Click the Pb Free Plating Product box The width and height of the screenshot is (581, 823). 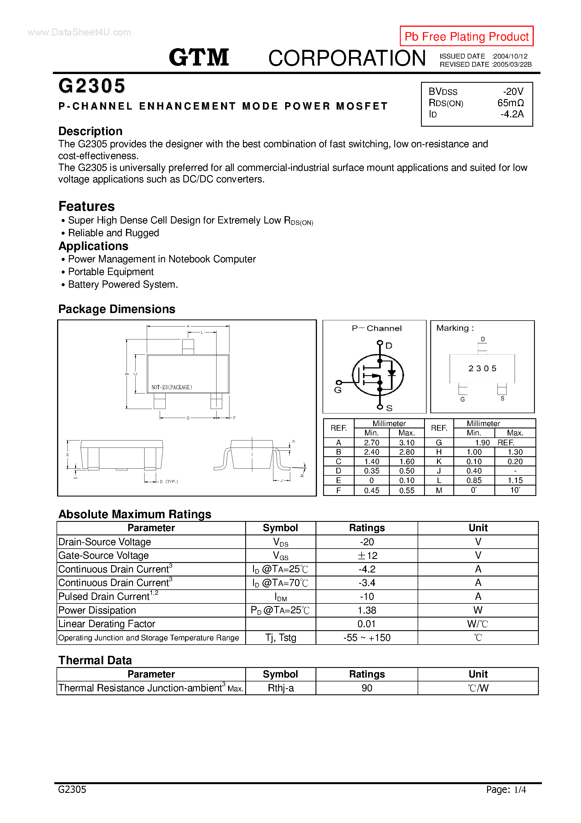coord(466,36)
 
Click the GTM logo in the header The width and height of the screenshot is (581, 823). coord(199,57)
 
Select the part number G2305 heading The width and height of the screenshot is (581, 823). coord(92,86)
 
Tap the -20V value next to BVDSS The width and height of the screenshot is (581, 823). coord(513,91)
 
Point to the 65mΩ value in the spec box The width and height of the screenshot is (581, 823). coord(510,103)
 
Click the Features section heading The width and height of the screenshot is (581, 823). coord(86,207)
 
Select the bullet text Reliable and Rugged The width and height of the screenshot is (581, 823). coord(113,233)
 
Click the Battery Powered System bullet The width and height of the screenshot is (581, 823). coord(123,285)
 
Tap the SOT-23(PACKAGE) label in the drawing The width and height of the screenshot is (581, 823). coord(172,387)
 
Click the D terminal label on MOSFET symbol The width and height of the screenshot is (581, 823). coord(389,346)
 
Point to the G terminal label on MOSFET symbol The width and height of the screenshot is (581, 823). coord(337,390)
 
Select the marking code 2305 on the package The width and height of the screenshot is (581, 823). coord(482,368)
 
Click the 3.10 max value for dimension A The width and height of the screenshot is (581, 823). coord(407,443)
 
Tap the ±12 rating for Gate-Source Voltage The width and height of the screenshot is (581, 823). coord(367,556)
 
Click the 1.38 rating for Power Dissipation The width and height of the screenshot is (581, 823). coord(367,610)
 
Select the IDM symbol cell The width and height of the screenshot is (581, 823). coord(280,597)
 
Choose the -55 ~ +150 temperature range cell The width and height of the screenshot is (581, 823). coord(367,638)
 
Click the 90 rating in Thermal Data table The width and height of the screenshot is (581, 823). coord(367,688)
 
